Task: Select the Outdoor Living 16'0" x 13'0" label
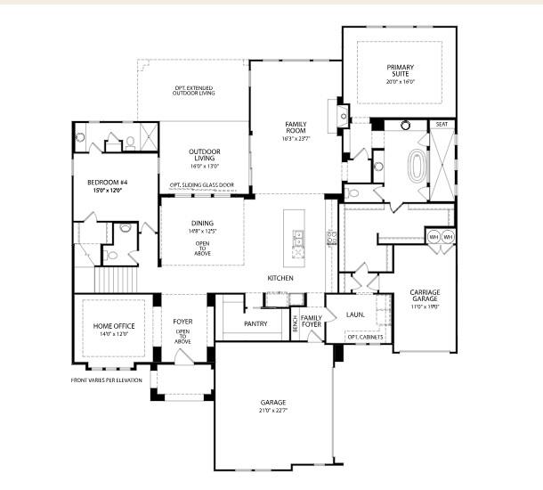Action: [205, 158]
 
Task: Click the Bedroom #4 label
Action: [103, 185]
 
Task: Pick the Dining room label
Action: [202, 227]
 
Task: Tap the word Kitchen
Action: [281, 278]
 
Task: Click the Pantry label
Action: [255, 323]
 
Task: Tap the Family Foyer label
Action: [312, 322]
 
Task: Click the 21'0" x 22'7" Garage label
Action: [273, 406]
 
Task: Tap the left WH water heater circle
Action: [434, 238]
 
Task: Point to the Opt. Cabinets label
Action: [364, 337]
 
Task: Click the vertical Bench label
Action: [295, 325]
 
